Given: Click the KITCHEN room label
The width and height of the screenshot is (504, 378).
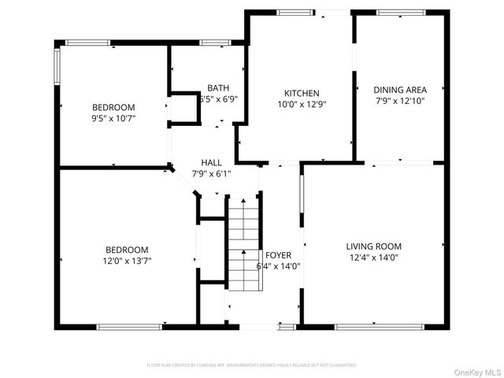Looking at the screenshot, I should (302, 93).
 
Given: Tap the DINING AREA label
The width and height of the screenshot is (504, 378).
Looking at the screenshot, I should (400, 90).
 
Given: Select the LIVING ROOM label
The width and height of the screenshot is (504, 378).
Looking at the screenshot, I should (375, 246).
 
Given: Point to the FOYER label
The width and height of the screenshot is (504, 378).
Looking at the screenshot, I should (278, 255).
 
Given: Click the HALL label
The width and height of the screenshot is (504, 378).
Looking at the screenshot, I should (211, 162).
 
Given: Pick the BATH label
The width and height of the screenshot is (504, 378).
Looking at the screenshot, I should (218, 88).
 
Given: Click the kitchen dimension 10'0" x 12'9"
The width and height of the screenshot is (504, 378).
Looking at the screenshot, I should (302, 104).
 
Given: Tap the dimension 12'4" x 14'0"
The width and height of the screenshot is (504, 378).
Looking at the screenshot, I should (375, 257).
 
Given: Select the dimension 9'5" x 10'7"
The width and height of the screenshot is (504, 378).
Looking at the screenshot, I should (113, 118).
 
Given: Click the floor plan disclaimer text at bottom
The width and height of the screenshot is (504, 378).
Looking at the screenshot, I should (252, 365).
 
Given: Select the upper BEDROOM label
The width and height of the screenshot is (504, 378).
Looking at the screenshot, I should (113, 107).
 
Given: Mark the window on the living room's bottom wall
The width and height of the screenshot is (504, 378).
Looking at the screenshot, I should (369, 326).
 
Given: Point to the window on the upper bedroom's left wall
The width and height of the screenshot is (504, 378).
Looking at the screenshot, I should (56, 67).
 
